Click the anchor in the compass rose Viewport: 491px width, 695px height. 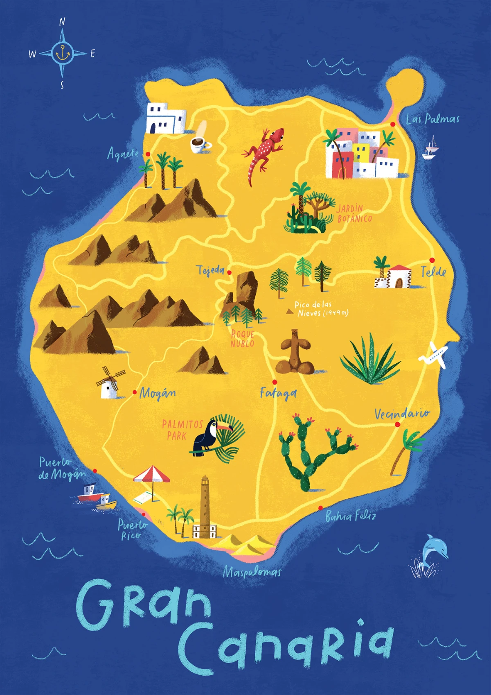click(x=63, y=53)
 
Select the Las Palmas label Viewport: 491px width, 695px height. click(x=432, y=119)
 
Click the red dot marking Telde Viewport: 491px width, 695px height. click(x=432, y=260)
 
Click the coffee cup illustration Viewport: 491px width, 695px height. click(x=200, y=143)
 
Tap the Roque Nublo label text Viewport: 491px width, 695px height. click(x=242, y=339)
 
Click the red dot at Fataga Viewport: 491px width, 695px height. click(x=275, y=382)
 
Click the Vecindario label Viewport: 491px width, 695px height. click(x=402, y=414)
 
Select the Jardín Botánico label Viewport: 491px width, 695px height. click(x=354, y=213)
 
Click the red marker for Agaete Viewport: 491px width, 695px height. click(x=148, y=154)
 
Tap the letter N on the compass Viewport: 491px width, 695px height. click(x=62, y=22)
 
